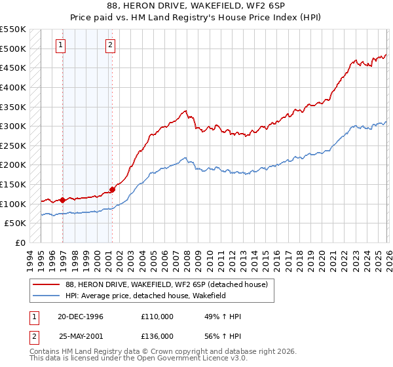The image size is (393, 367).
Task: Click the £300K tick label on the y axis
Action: click(x=12, y=126)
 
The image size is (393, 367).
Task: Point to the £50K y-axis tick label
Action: click(x=15, y=223)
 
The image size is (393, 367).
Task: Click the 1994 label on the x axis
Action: click(x=30, y=255)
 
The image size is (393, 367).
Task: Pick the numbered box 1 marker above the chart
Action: click(x=60, y=45)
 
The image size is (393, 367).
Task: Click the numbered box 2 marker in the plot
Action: click(x=109, y=45)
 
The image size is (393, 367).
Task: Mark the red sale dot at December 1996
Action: click(x=63, y=200)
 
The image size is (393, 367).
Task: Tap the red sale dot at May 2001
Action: click(x=112, y=190)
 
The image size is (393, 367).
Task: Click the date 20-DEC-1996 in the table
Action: click(x=81, y=317)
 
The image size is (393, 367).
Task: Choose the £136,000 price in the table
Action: click(x=157, y=335)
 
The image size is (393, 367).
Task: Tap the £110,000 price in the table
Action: click(x=157, y=317)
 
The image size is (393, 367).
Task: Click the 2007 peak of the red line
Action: click(x=186, y=111)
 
